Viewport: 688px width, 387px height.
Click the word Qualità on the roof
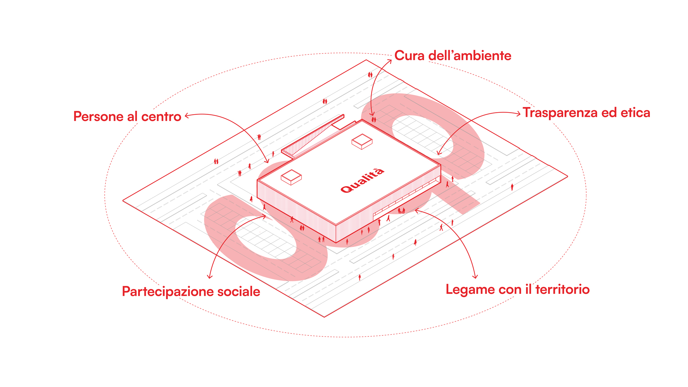[362, 180]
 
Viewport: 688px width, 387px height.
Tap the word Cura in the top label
[409, 56]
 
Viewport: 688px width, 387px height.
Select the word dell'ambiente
[470, 56]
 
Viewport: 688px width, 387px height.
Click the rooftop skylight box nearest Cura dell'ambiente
[362, 141]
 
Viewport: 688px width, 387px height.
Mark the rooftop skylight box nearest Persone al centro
[291, 177]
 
